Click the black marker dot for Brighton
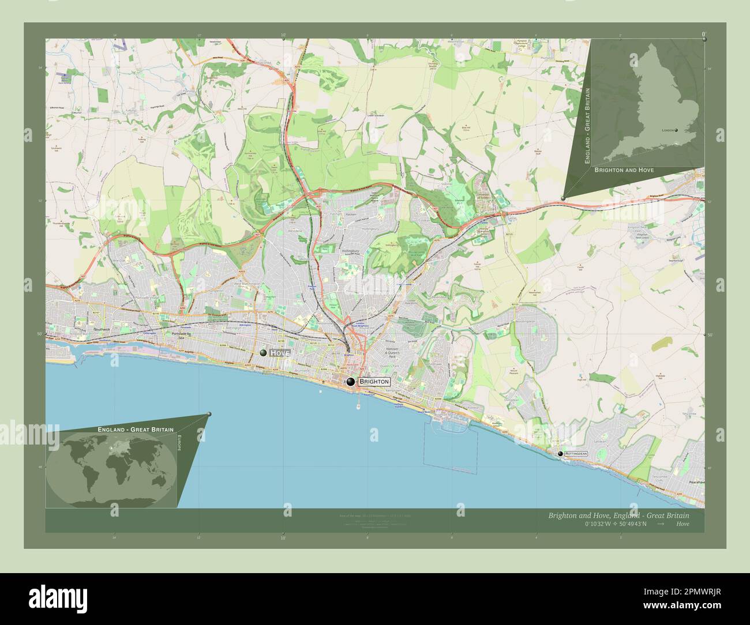coord(350,381)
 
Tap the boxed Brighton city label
coord(374,382)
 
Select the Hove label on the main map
coord(279,352)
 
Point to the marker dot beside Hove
coord(263,352)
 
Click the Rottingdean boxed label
coord(576,454)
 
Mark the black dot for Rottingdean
coord(560,454)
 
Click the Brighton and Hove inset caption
coord(623,171)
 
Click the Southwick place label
coord(102,329)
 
